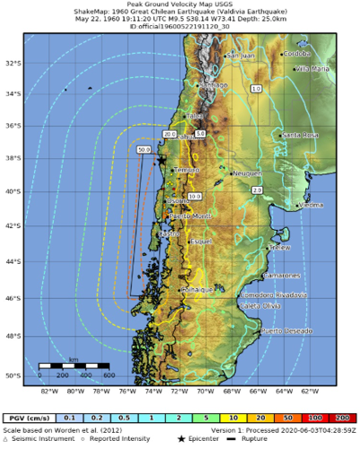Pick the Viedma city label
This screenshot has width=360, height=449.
point(311,205)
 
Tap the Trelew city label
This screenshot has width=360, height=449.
point(280,246)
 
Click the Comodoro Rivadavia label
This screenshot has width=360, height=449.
point(272,295)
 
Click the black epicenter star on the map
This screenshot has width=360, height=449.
point(161,160)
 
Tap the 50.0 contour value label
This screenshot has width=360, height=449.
point(144,150)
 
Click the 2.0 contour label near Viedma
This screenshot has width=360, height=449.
point(257,190)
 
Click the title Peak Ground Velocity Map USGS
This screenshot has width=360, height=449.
point(180,7)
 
